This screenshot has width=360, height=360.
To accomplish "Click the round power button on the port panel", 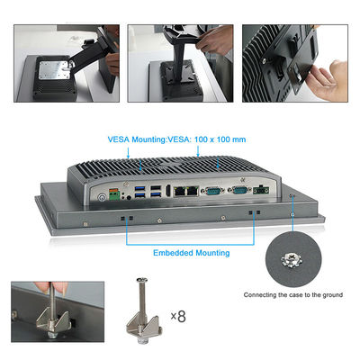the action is coord(103,197).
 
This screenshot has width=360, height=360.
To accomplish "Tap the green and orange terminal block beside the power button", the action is coord(114,194).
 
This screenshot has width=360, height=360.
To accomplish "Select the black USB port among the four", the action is coord(156,188).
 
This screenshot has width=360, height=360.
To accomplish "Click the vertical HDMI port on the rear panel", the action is coord(168,190).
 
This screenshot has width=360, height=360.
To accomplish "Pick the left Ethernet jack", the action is coord(180,191).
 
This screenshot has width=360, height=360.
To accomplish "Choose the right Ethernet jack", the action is coord(193,190).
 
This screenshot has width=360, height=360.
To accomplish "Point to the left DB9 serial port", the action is coord(212,190).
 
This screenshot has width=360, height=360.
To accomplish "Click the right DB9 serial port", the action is coord(239,190).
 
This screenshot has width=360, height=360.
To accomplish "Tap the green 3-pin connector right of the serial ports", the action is coord(261,190).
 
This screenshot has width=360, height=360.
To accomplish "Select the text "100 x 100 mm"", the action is coord(220,139).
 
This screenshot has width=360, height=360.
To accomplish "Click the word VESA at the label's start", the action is coord(119,139).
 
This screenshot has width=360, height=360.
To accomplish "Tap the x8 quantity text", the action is coord(178,316).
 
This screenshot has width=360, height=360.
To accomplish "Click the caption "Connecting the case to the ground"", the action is coord(293,295).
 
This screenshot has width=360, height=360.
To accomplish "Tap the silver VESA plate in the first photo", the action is coord(55,70).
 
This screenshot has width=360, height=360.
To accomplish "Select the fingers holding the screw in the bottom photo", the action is coord(51,287).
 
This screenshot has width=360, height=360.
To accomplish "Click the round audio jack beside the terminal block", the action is coord(129,197).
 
